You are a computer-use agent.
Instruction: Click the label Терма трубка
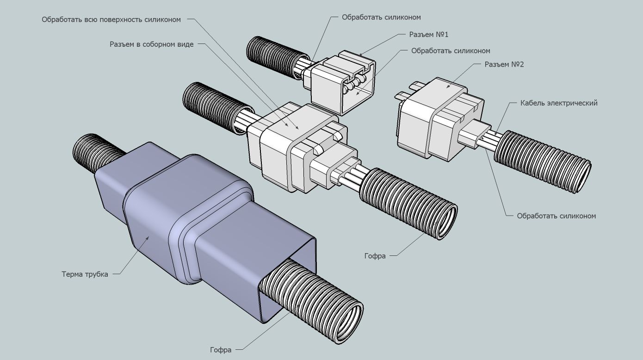tap(85, 274)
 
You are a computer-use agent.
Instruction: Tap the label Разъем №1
tap(429, 35)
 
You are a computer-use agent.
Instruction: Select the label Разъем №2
tap(504, 64)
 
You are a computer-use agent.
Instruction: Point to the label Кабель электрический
tap(559, 103)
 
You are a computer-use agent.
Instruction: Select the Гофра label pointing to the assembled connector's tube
tap(375, 256)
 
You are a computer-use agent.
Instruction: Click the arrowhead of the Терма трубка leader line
tap(148, 237)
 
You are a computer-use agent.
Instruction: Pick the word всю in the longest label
tap(91, 19)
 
